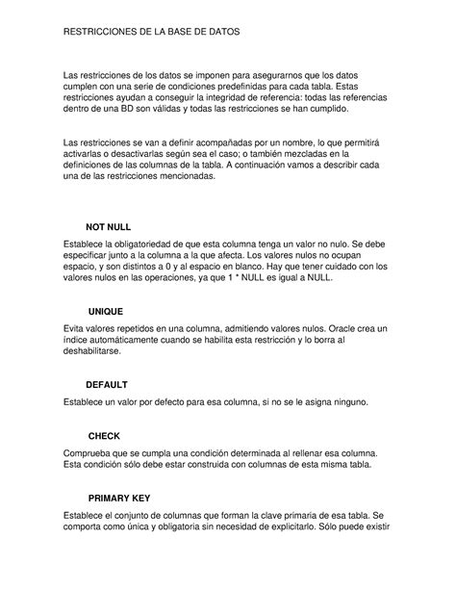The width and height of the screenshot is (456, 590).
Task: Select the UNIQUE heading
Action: click(106, 312)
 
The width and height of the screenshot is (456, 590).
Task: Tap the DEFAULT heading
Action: click(107, 384)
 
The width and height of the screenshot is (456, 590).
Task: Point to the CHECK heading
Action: click(104, 436)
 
